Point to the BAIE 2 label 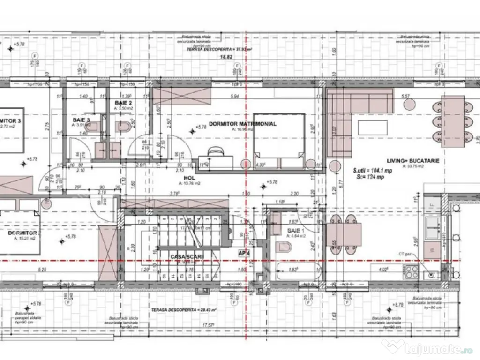tap(123, 102)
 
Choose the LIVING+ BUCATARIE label tap(412, 160)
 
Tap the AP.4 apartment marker tap(244, 253)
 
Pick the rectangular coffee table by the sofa tap(373, 127)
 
